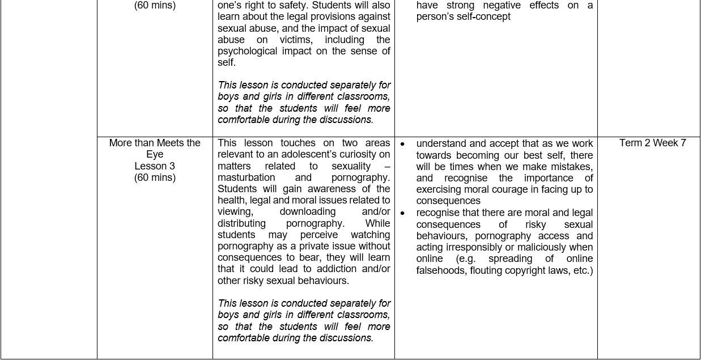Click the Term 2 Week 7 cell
pyautogui.click(x=652, y=143)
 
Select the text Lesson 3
pyautogui.click(x=155, y=166)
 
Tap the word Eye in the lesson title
pyautogui.click(x=155, y=154)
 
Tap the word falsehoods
pyautogui.click(x=441, y=270)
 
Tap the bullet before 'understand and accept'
pyautogui.click(x=402, y=144)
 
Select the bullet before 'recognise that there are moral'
pyautogui.click(x=402, y=213)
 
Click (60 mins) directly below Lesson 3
pyautogui.click(x=155, y=177)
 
